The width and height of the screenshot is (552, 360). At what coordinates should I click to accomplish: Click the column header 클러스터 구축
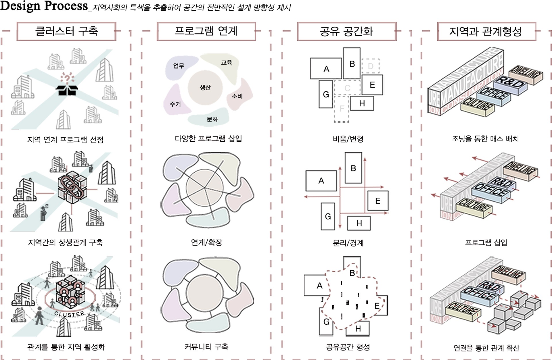pos(66,31)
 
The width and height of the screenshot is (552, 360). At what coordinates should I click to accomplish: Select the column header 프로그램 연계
pos(206,31)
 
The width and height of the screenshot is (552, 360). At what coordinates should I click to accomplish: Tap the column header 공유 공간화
pos(346,31)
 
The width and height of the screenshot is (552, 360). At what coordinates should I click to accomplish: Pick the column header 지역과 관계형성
pos(486,31)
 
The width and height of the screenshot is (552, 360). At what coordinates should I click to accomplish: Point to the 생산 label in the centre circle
pos(205,87)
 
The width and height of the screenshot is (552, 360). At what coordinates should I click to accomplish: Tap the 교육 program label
pos(227,63)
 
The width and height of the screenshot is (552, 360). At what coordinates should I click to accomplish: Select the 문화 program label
pos(212,119)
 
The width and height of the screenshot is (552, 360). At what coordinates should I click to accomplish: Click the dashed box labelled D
pos(371,66)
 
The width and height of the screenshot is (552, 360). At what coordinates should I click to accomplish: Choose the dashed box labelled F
pos(342,109)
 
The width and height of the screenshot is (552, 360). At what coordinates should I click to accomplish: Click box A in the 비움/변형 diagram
pos(326,69)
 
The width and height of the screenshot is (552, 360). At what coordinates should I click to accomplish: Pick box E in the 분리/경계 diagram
pos(377,201)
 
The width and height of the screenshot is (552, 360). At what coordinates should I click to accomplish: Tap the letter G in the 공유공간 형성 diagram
pos(326,322)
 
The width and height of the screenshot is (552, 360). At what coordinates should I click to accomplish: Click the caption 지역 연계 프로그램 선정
pos(65,140)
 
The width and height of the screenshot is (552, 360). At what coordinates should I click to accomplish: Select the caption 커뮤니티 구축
pos(206,347)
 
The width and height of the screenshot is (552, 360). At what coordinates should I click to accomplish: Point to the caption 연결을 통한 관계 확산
pos(486,348)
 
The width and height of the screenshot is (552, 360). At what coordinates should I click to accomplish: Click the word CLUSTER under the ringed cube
pos(69,314)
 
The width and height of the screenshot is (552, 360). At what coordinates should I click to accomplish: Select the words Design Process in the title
pos(44,6)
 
